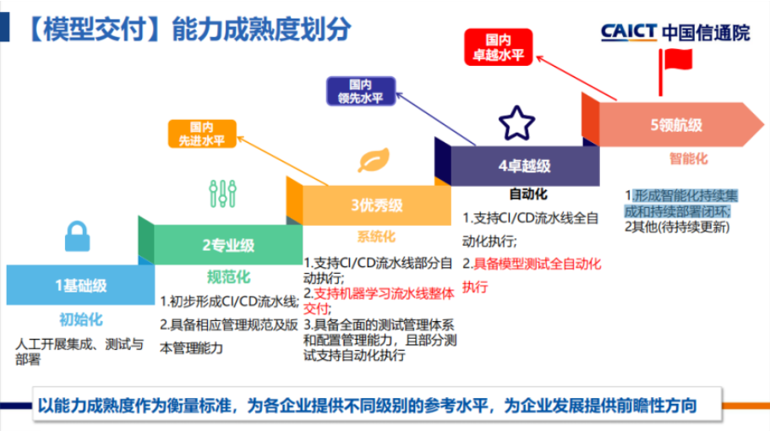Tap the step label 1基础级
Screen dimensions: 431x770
81,286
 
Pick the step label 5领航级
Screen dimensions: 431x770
676,124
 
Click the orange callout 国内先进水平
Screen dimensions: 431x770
201,134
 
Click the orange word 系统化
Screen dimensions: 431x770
376,237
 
